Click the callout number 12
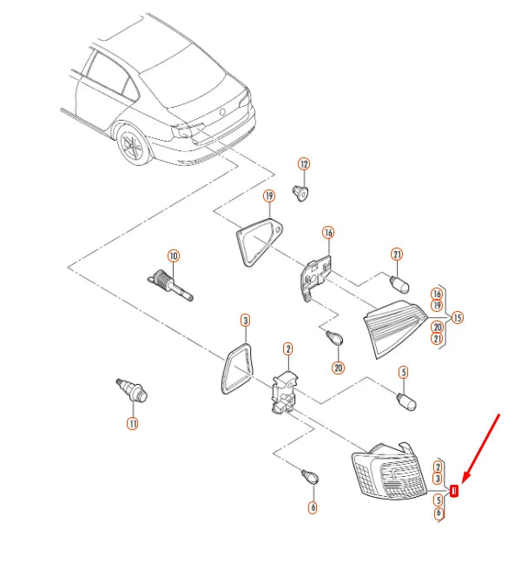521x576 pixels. pos(304,164)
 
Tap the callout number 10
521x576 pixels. pos(174,256)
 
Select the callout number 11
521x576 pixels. pos(133,424)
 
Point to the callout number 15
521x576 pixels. pos(457,317)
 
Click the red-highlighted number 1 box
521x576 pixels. pos(454,491)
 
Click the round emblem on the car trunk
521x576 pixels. pos(222,112)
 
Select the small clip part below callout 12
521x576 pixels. pos(300,194)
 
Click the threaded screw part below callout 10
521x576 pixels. pos(170,286)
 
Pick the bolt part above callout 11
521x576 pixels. pos(132,391)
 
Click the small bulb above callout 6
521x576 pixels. pos(310,476)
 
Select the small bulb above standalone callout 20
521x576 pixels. pos(334,337)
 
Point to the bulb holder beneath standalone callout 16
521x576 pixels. pos(315,277)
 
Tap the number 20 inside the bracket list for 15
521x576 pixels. pos(438,327)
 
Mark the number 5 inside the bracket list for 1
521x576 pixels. pos(438,500)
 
